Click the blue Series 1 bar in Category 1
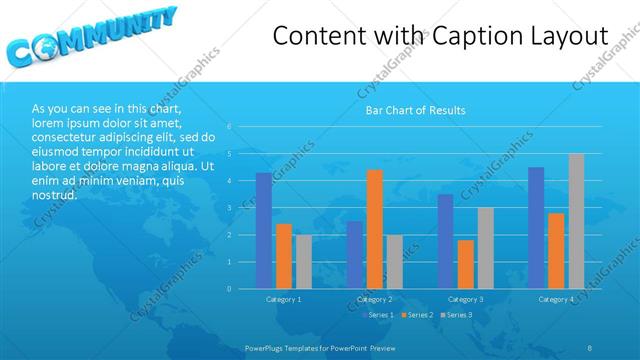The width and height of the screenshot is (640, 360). pos(263,231)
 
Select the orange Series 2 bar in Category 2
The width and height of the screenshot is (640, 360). pos(375,229)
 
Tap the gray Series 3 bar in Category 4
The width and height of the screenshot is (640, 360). pos(576,221)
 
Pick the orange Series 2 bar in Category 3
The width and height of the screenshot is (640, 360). pos(465,264)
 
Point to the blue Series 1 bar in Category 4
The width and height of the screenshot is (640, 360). pos(536,228)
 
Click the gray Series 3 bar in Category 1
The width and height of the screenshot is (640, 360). pos(303,262)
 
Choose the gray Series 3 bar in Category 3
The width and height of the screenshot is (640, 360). pos(485,248)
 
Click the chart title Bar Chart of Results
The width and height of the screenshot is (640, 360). pos(414,110)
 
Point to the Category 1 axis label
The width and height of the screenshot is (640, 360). pos(284,299)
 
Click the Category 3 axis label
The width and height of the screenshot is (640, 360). pos(465,299)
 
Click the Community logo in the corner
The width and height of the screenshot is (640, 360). pos(90,37)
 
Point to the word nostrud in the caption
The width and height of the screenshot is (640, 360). pos(55,195)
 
